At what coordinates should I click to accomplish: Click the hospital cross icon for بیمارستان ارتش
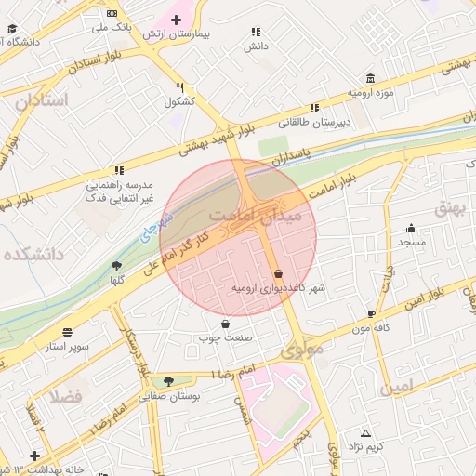click(x=176, y=20)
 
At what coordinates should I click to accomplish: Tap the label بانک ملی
click(x=111, y=28)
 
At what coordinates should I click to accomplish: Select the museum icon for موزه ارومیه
click(x=371, y=77)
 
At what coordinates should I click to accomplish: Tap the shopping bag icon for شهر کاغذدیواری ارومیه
click(x=279, y=273)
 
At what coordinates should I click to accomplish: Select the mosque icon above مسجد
click(x=411, y=228)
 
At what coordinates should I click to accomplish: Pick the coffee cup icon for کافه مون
click(x=372, y=314)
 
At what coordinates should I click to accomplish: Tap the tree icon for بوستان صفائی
click(x=168, y=381)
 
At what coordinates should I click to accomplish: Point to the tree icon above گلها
click(x=117, y=265)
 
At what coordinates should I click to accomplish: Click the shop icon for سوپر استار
click(x=68, y=332)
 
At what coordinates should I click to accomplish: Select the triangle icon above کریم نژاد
click(x=365, y=433)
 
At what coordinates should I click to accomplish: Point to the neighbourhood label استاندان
click(x=42, y=99)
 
